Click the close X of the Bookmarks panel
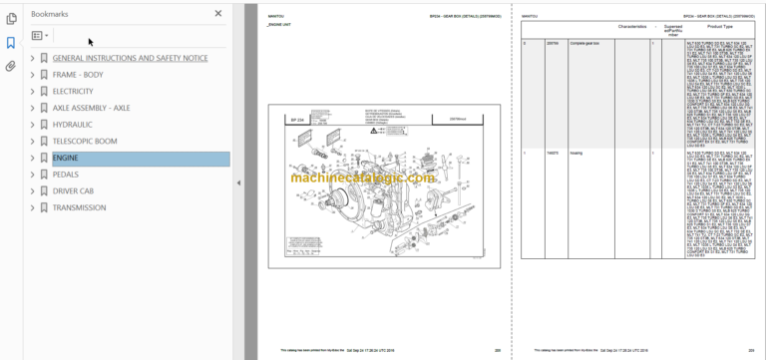point(218,14)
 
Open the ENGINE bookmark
point(66,158)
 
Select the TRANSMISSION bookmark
point(79,207)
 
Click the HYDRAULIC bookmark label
point(72,125)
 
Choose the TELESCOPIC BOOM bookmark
point(84,141)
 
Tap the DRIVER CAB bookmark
point(73,190)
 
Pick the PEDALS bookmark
point(65,175)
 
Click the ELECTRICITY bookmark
point(73,91)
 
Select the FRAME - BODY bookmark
point(77,75)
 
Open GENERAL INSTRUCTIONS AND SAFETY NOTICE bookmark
point(130,58)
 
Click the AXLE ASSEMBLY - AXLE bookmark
point(91,108)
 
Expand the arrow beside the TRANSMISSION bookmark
point(32,207)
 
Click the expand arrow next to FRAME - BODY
point(32,75)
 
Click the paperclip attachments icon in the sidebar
point(11,66)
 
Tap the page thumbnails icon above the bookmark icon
point(11,18)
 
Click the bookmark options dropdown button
point(40,35)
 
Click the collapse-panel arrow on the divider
point(238,183)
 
